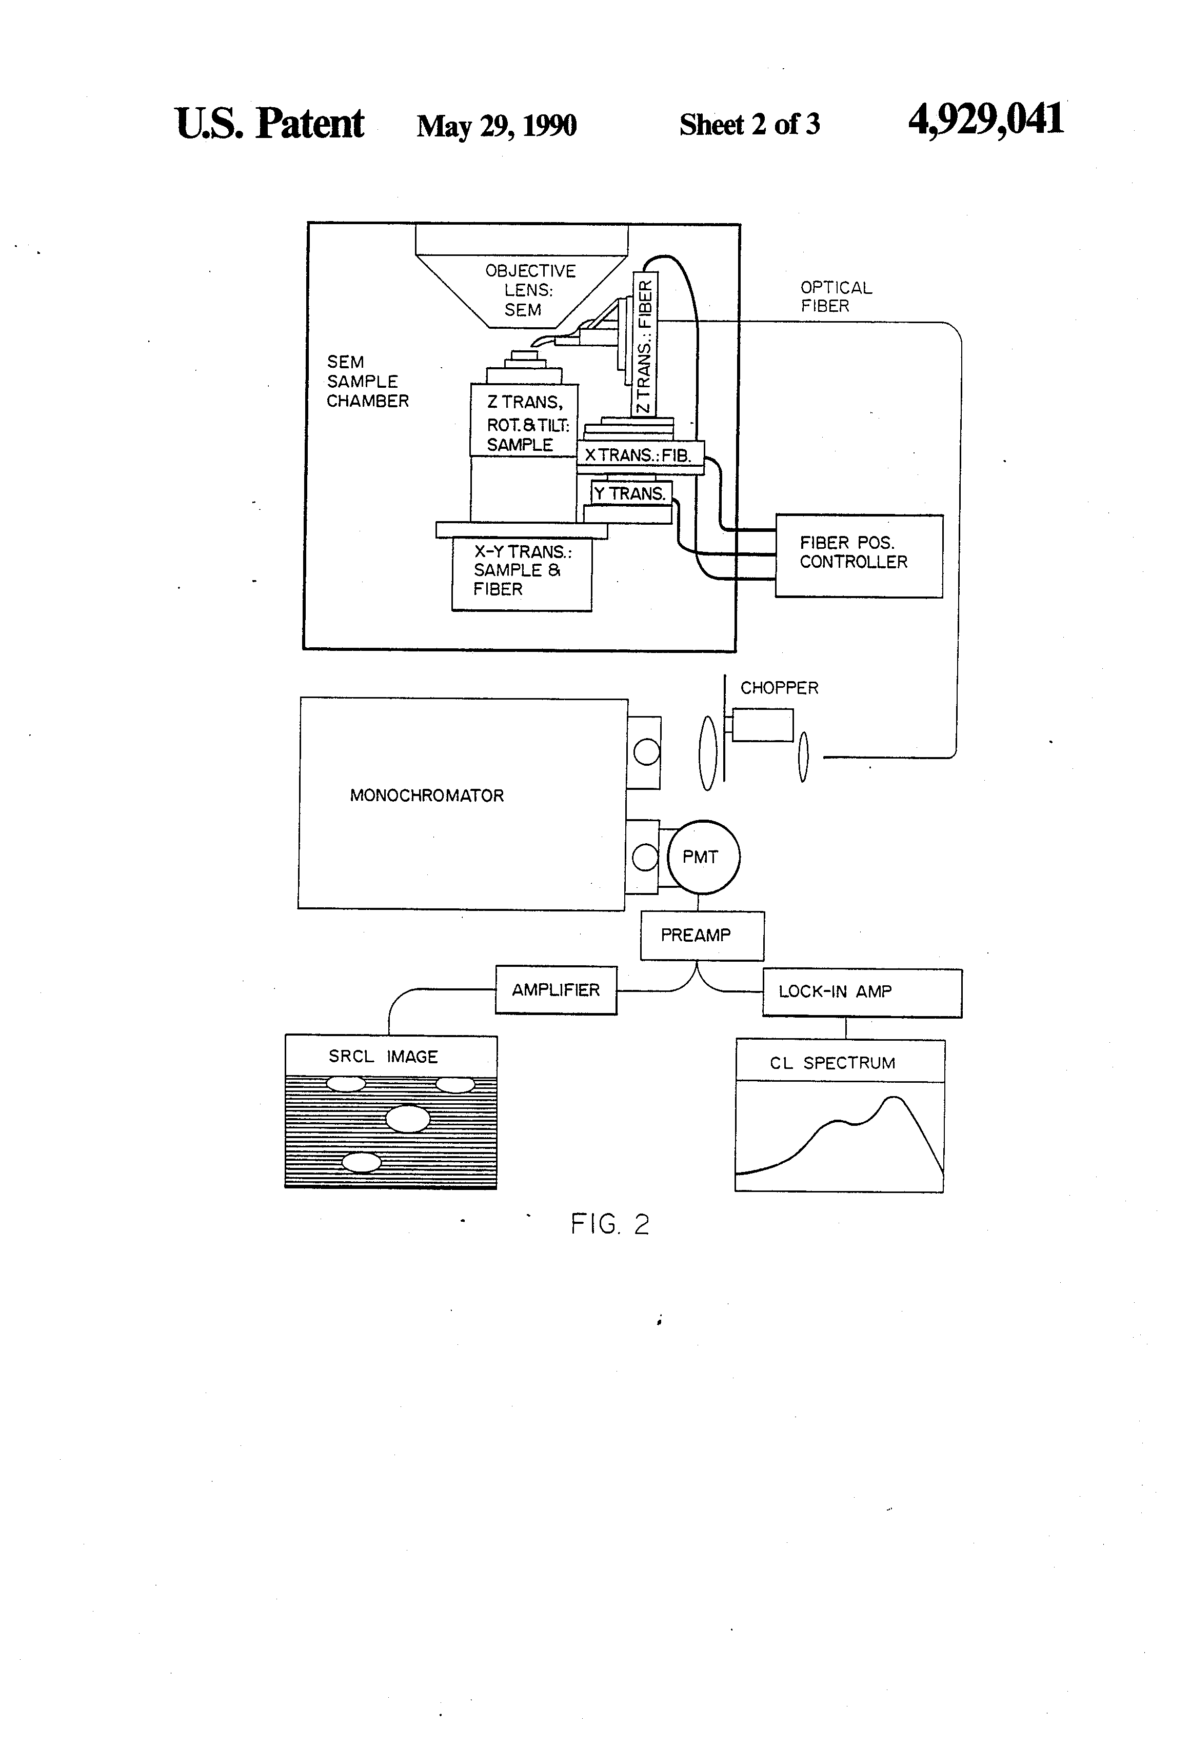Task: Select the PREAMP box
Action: click(702, 936)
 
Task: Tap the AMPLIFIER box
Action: click(556, 990)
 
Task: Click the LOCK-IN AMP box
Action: click(862, 993)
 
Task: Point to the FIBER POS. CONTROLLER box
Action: click(859, 556)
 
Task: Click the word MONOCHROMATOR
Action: click(427, 796)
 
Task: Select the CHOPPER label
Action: click(779, 687)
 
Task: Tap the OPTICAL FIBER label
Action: click(836, 296)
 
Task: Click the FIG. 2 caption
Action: click(609, 1224)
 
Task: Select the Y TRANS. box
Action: click(631, 493)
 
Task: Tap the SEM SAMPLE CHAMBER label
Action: click(367, 381)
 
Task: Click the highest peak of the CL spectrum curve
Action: click(894, 1098)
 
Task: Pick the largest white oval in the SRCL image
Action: click(408, 1119)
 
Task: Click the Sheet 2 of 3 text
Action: click(749, 125)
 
